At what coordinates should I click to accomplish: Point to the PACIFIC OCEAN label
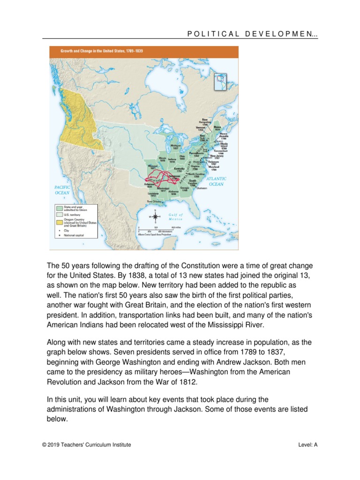click(62, 189)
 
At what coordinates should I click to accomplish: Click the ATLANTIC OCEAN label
click(216, 181)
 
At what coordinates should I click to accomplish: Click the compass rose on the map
click(155, 217)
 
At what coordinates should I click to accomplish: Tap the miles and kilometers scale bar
click(159, 231)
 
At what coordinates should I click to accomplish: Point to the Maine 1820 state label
click(217, 127)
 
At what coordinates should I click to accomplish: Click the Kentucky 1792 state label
click(179, 169)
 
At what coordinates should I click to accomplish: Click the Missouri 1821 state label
click(152, 167)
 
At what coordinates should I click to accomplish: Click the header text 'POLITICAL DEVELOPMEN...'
click(253, 34)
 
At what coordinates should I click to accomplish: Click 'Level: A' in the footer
click(307, 445)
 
